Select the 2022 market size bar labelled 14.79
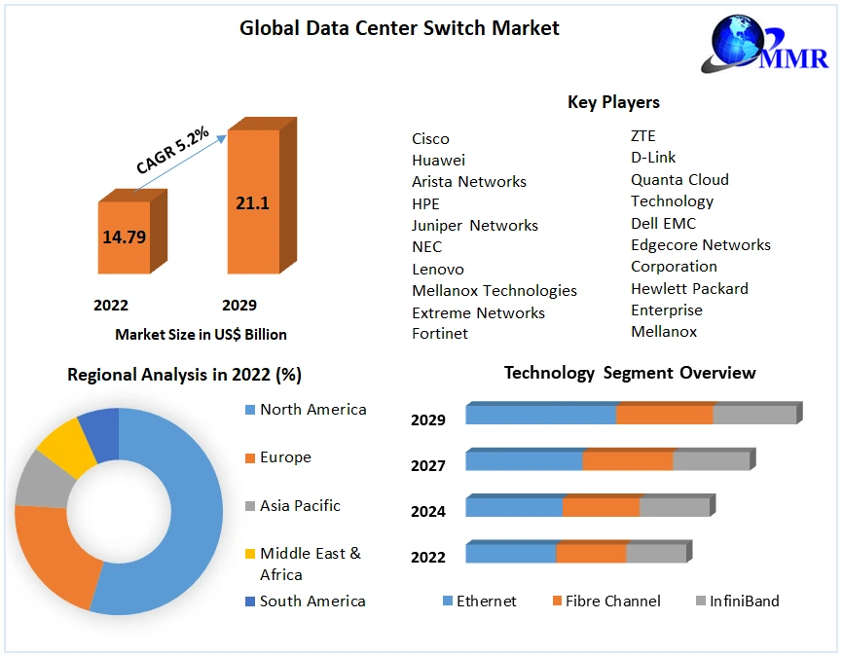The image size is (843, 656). click(x=124, y=237)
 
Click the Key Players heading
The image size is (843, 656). click(x=613, y=102)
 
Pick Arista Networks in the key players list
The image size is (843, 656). click(x=468, y=182)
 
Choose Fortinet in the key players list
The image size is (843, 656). click(x=439, y=334)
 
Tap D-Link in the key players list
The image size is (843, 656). click(x=652, y=158)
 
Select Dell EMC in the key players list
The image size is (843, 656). click(x=663, y=223)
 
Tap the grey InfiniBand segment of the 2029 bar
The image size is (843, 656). click(x=754, y=415)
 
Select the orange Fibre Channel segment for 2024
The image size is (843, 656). click(x=601, y=507)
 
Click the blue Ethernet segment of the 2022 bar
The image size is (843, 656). click(x=510, y=553)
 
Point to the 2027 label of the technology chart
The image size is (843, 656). click(x=428, y=465)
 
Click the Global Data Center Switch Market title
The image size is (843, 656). click(x=399, y=28)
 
